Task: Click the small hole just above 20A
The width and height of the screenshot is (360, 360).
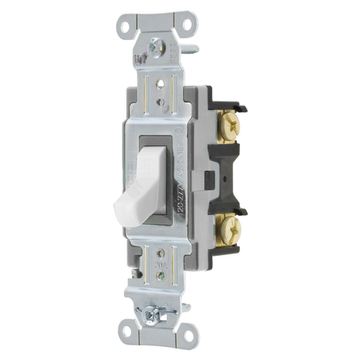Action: (x=162, y=253)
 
